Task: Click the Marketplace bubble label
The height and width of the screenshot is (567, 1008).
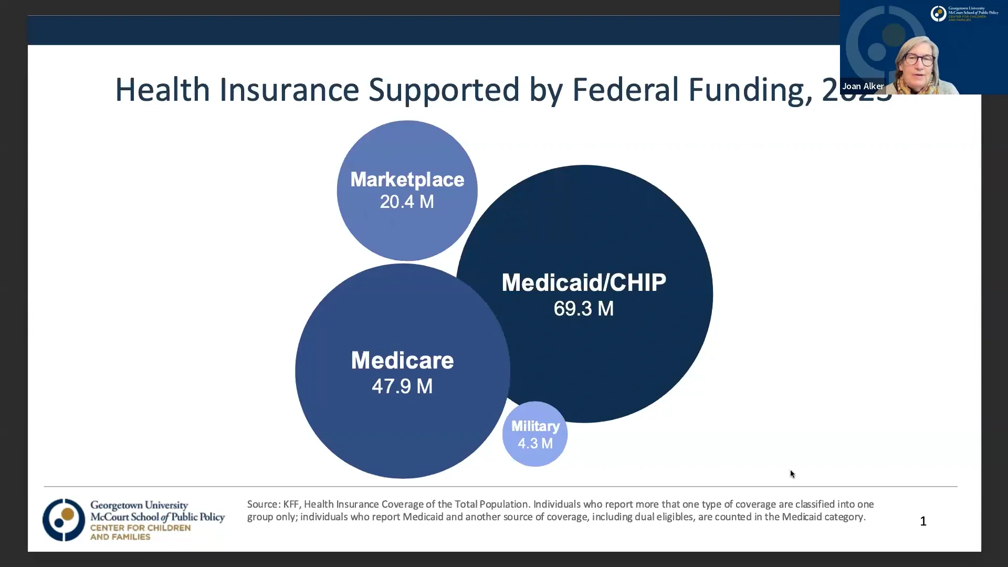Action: (x=407, y=180)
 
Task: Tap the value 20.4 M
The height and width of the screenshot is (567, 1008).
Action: (x=407, y=202)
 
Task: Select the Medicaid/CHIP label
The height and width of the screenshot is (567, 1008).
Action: (x=584, y=282)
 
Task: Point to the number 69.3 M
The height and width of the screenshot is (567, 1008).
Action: (x=584, y=309)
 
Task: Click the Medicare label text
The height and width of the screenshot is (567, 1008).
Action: (x=402, y=361)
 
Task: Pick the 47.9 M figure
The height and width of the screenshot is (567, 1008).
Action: (x=402, y=386)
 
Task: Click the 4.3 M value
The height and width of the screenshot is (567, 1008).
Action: (x=535, y=444)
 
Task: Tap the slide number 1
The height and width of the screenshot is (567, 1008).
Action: (x=923, y=521)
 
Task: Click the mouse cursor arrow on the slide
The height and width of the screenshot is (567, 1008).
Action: (x=792, y=474)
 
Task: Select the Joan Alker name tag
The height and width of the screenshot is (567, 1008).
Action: (x=863, y=86)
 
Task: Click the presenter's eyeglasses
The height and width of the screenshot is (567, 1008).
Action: (x=919, y=59)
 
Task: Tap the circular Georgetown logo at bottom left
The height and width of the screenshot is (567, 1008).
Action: (x=64, y=520)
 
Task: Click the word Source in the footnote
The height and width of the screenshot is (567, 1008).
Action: (x=262, y=504)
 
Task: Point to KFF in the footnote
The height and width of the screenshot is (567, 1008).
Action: (x=291, y=504)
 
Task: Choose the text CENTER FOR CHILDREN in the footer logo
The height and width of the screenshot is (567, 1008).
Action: (x=140, y=528)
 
